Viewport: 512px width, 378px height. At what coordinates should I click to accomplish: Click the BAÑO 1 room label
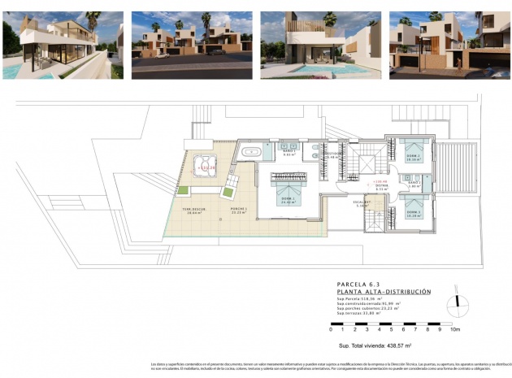[287, 151]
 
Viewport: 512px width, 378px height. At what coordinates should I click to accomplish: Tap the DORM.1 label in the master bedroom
[287, 200]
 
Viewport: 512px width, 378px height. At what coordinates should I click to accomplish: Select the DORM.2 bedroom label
[413, 159]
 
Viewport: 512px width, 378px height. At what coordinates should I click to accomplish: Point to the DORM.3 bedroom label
[413, 214]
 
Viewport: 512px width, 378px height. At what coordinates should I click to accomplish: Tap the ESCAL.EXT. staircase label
[362, 203]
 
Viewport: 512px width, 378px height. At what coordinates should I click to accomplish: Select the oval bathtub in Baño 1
[253, 150]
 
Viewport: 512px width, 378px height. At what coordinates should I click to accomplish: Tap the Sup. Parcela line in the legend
[363, 298]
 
